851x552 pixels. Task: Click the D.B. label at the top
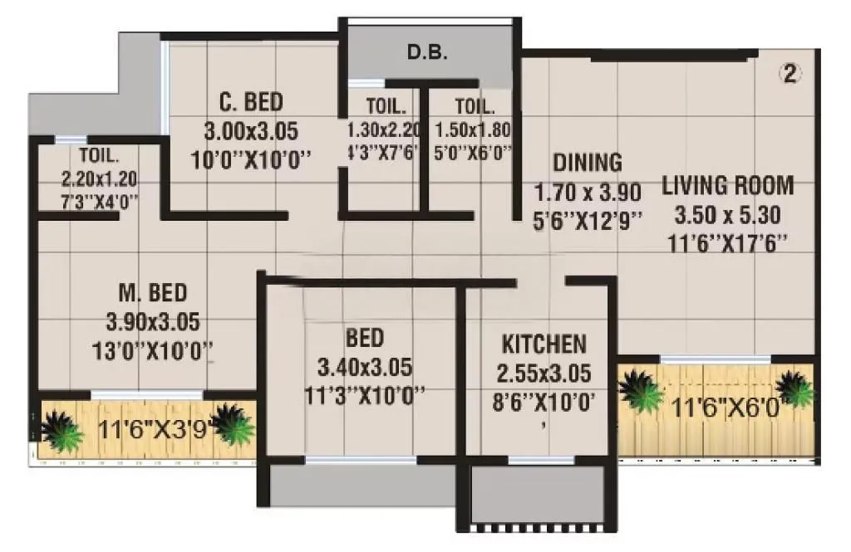[x=428, y=54]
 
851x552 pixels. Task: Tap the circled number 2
[x=790, y=74]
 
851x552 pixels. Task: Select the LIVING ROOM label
[x=727, y=185]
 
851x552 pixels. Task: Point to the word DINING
[x=588, y=162]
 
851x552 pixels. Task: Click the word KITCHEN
[x=544, y=344]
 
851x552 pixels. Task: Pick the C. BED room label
[x=251, y=103]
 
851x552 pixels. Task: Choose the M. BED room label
[x=152, y=293]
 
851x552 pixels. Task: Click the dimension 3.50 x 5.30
[x=727, y=215]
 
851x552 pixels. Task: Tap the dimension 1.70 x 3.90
[x=588, y=193]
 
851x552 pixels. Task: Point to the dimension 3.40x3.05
[x=365, y=366]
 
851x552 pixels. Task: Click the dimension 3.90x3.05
[x=153, y=321]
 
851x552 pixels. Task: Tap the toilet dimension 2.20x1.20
[x=99, y=178]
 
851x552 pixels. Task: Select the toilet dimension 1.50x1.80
[x=472, y=130]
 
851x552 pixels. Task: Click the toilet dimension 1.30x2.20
[x=383, y=130]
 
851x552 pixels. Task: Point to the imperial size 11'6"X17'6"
[x=727, y=244]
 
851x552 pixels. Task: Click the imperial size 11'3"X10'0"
[x=365, y=394]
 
